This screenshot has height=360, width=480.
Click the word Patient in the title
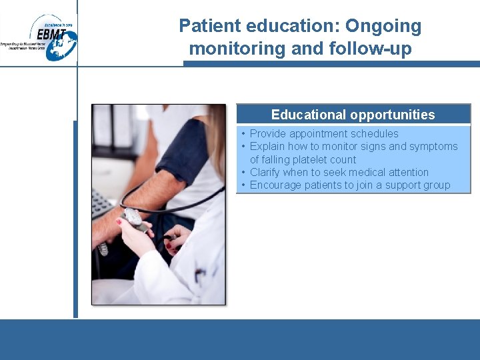pyautogui.click(x=203, y=26)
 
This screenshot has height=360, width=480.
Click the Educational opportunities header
pyautogui.click(x=353, y=115)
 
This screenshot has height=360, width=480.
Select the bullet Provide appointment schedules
pyautogui.click(x=323, y=133)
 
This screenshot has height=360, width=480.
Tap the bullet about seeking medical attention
pyautogui.click(x=339, y=172)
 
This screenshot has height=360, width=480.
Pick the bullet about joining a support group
pyautogui.click(x=349, y=185)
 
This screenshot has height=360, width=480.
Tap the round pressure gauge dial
pyautogui.click(x=133, y=217)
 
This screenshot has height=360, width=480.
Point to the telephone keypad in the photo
pyautogui.click(x=101, y=203)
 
